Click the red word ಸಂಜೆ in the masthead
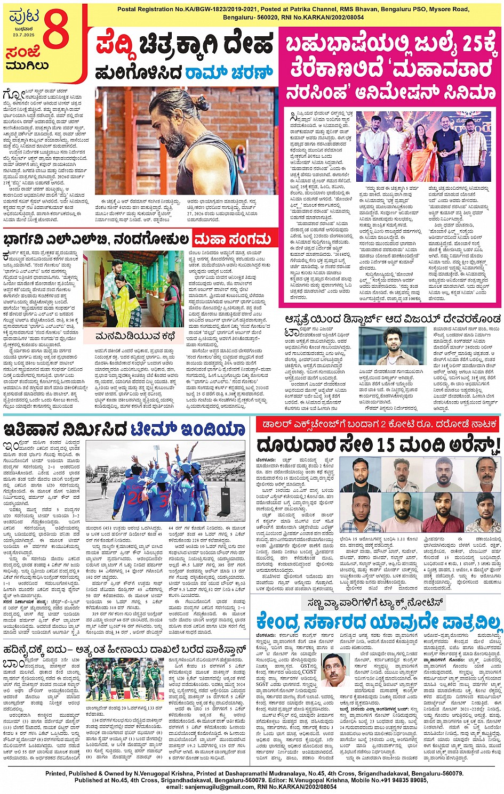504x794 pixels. (x=23, y=52)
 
